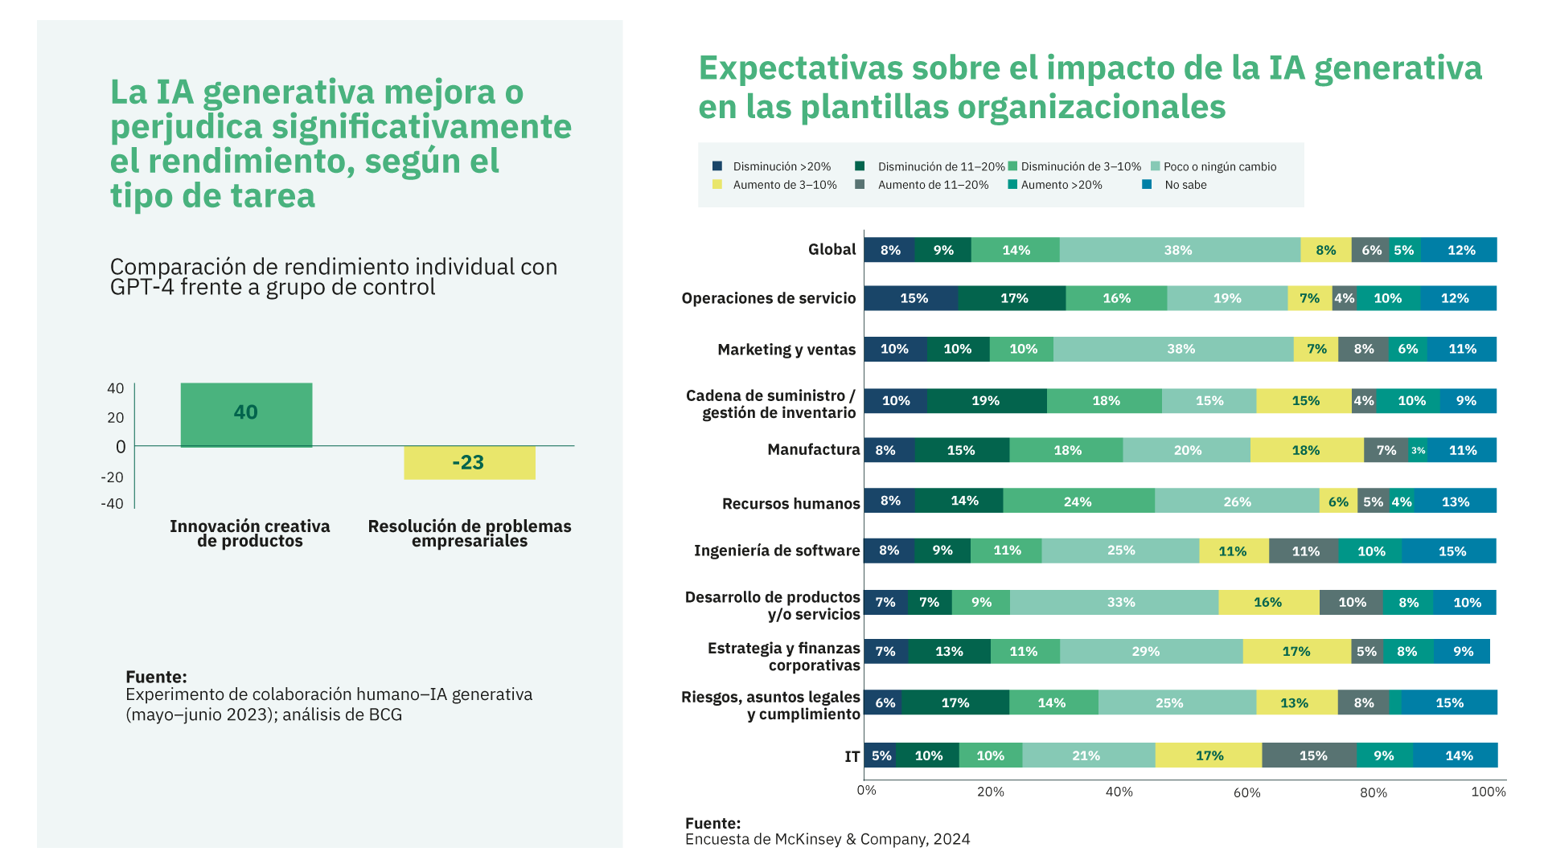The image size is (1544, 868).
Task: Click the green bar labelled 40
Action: pos(246,414)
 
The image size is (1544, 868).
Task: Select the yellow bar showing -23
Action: pos(469,463)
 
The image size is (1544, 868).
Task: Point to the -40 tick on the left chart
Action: pos(113,504)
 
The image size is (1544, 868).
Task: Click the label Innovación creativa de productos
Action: pos(249,534)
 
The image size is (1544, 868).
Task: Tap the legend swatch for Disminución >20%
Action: pos(717,166)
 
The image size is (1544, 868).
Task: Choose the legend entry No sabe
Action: pos(1185,185)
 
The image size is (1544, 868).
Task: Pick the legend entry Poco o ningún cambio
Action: pos(1219,166)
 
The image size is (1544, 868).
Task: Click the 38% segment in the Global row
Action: pos(1178,250)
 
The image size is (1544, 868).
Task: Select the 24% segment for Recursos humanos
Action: pos(1078,502)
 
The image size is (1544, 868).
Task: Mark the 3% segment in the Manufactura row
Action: pos(1418,450)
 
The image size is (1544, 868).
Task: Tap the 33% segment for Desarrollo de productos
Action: pos(1120,602)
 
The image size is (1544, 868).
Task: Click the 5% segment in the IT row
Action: pos(881,755)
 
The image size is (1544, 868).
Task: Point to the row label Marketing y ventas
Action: pos(786,350)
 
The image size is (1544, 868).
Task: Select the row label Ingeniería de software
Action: pos(776,551)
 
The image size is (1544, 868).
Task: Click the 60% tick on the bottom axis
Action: pos(1246,792)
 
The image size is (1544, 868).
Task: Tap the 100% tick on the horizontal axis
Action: pos(1488,792)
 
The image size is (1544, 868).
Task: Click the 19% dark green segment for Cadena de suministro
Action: pos(985,401)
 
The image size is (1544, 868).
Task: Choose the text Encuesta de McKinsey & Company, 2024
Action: pos(827,839)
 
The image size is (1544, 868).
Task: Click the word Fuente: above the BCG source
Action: pos(156,677)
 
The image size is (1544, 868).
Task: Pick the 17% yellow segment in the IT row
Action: pos(1209,755)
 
